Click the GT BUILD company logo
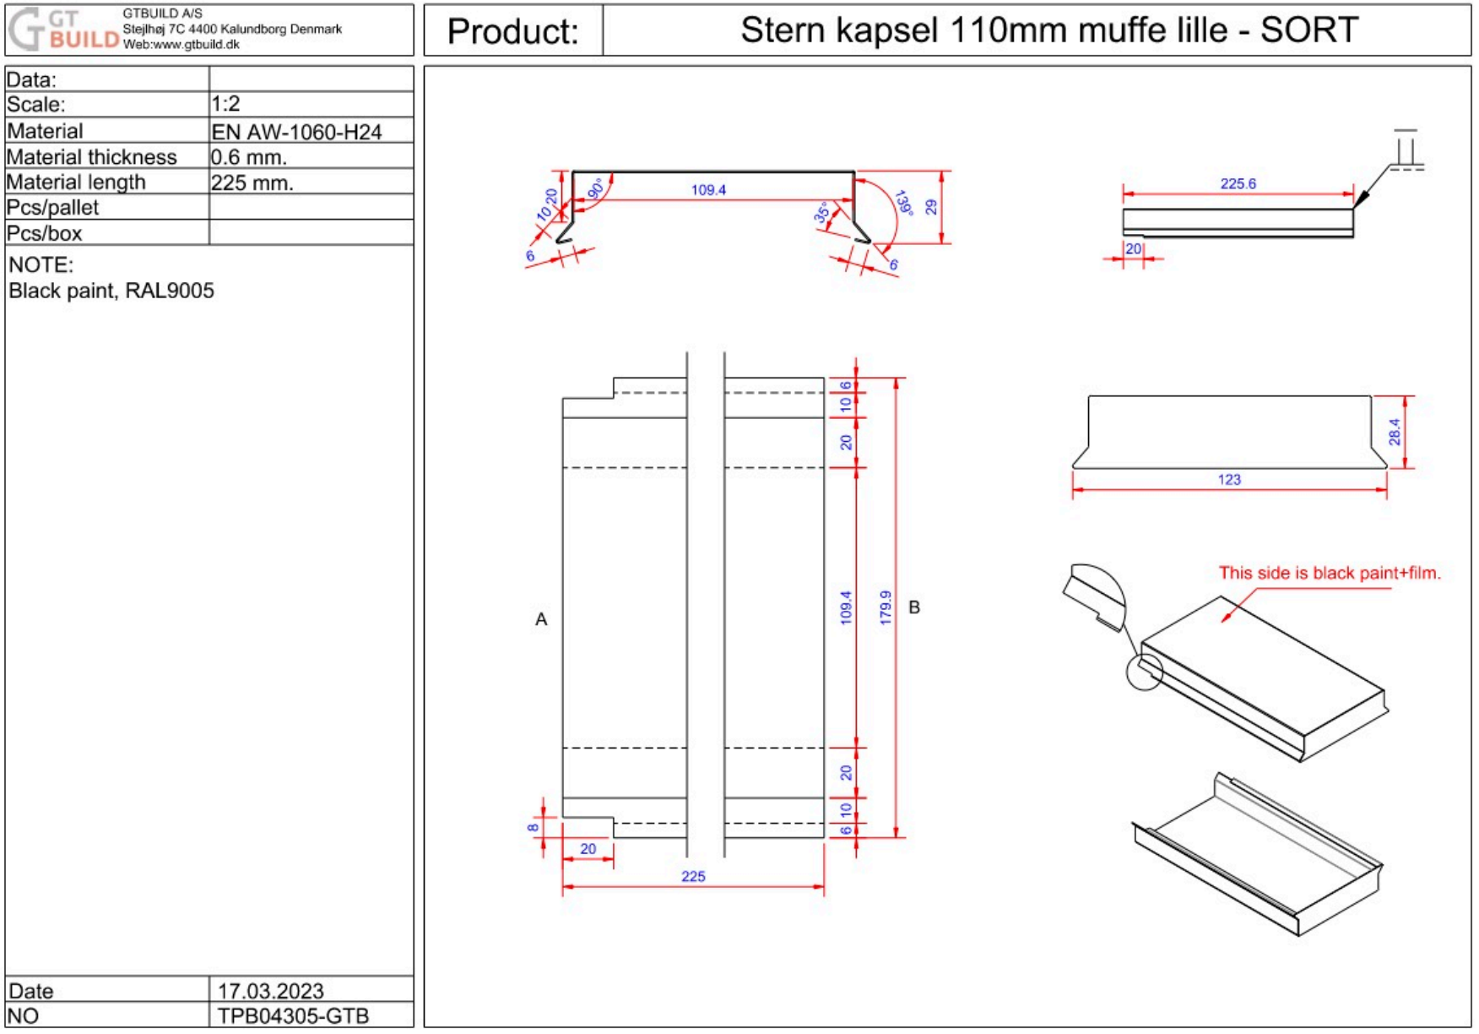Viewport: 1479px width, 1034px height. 63,30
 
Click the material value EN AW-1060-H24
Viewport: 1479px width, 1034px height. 295,132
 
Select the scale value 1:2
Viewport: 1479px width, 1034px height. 225,104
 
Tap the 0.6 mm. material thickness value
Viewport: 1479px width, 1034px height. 248,157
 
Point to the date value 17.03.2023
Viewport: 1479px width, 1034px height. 270,990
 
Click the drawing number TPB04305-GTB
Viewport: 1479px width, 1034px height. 292,1015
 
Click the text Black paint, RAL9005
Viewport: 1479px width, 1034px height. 111,291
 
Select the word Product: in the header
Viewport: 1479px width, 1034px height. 512,31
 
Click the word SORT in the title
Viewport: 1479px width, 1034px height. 1308,30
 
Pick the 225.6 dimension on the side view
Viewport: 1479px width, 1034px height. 1238,183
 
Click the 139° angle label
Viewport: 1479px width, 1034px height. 903,203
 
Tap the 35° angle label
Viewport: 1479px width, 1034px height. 821,213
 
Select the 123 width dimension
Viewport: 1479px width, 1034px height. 1228,479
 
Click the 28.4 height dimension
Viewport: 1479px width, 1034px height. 1394,432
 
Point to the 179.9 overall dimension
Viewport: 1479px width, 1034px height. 885,607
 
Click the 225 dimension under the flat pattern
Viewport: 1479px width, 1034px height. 692,876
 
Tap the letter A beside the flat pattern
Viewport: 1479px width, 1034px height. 541,619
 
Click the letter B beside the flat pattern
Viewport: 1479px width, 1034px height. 913,607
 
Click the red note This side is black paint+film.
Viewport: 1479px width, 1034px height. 1329,573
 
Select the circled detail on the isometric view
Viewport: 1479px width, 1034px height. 1145,672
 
